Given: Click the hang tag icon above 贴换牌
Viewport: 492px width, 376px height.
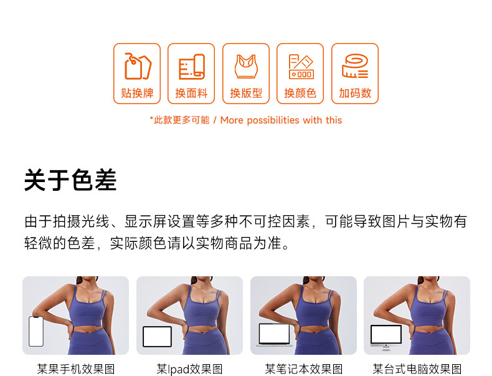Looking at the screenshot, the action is [138, 66].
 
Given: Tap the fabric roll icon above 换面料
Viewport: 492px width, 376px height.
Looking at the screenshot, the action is [192, 67].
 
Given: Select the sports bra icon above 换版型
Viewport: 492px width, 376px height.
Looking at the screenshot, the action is [247, 67].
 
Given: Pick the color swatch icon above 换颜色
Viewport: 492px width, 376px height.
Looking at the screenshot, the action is [301, 67].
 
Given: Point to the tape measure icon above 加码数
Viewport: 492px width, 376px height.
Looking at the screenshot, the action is [355, 66].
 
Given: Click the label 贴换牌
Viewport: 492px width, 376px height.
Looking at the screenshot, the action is [137, 94].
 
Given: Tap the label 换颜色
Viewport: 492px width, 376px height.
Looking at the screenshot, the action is [300, 94].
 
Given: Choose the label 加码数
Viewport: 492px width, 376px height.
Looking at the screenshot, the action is [355, 94].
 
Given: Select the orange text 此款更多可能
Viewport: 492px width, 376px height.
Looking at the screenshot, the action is [181, 120].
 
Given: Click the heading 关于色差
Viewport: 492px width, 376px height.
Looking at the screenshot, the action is [70, 180].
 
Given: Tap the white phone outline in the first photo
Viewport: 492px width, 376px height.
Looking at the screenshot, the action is [36, 331].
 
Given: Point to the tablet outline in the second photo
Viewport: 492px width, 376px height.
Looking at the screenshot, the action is [157, 337].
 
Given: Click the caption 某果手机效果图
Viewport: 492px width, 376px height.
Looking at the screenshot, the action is [76, 369].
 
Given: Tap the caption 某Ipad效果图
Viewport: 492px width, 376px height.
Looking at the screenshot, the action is [189, 369].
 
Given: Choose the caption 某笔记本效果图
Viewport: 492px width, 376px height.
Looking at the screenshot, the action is [303, 369].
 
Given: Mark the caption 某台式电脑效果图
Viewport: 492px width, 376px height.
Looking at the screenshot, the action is [417, 369].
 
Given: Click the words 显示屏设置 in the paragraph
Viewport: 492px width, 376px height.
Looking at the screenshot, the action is [160, 221].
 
